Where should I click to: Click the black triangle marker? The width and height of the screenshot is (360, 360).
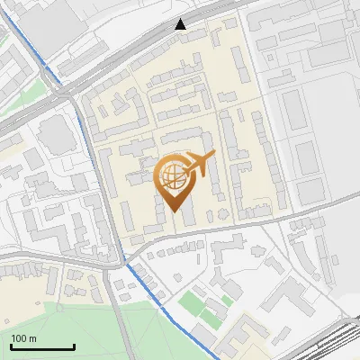point(181,24)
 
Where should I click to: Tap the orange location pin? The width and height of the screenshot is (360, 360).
point(174,184)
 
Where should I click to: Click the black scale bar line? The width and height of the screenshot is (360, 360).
point(42,346)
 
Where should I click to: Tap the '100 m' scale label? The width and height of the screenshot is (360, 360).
point(23,338)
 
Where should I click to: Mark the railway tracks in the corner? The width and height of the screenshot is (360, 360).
point(337,342)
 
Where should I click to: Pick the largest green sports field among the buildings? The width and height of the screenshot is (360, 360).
point(191,301)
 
